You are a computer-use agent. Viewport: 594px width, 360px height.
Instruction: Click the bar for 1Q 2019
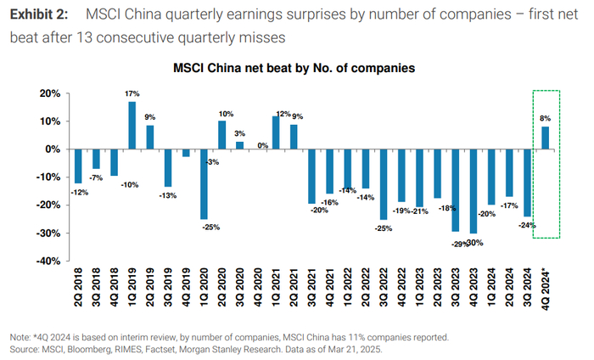coord(132,126)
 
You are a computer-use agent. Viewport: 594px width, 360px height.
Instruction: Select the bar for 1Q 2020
coord(205,183)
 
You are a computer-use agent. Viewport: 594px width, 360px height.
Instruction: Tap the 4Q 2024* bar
coord(545,138)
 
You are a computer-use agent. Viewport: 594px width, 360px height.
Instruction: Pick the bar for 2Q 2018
coord(78,166)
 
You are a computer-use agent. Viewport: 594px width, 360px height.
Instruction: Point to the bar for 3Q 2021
coord(312,176)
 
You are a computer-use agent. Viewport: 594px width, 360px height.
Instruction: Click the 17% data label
coord(132,94)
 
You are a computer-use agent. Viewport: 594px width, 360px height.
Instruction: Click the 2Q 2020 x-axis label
coord(223,290)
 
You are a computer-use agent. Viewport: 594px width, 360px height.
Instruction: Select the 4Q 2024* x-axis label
coord(546,291)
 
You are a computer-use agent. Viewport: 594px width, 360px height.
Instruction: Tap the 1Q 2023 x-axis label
coord(420,290)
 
